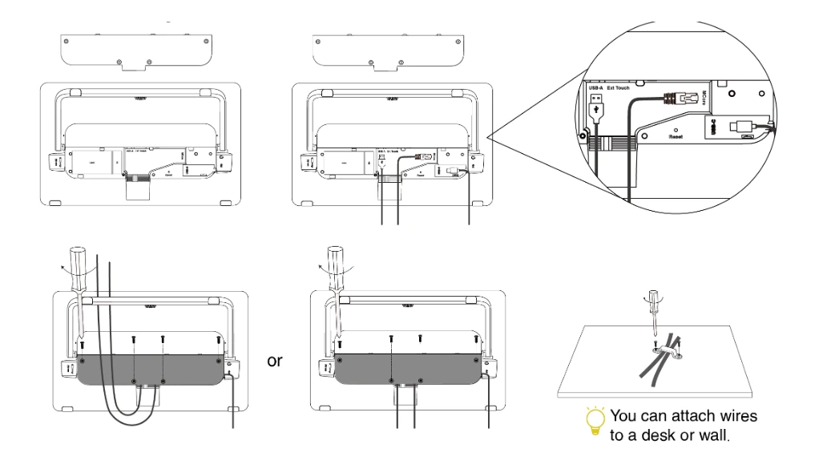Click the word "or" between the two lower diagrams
point(275,361)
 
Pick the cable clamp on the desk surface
point(666,350)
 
